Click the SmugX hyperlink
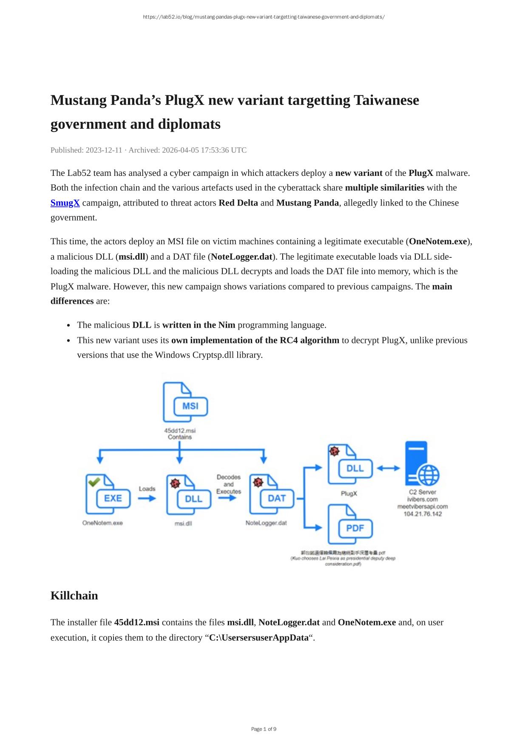(x=65, y=203)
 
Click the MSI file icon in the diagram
(x=185, y=402)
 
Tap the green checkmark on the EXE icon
(x=94, y=481)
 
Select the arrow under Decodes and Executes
(x=228, y=497)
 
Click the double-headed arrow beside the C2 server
(x=389, y=468)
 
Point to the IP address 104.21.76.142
(x=423, y=514)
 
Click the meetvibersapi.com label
(x=423, y=506)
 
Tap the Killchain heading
(x=74, y=596)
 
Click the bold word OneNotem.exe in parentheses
(x=438, y=242)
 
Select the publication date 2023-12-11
(x=104, y=150)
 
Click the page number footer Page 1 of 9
(x=264, y=729)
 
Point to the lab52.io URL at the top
(x=264, y=17)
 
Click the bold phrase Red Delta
(x=238, y=203)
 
